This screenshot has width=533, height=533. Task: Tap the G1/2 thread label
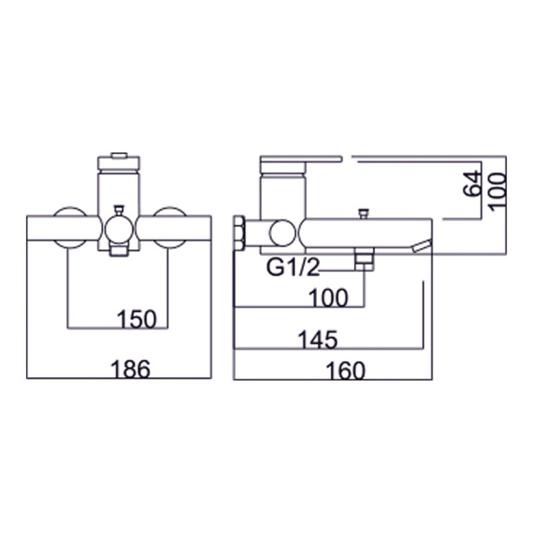point(293,268)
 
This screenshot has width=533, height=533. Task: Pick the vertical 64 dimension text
point(471,183)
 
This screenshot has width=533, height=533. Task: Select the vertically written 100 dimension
point(496,191)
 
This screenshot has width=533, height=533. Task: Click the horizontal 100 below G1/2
point(328,298)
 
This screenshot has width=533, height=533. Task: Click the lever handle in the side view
point(300,161)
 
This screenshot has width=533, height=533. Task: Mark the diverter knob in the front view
point(118,209)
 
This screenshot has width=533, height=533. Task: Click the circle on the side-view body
point(280,234)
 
